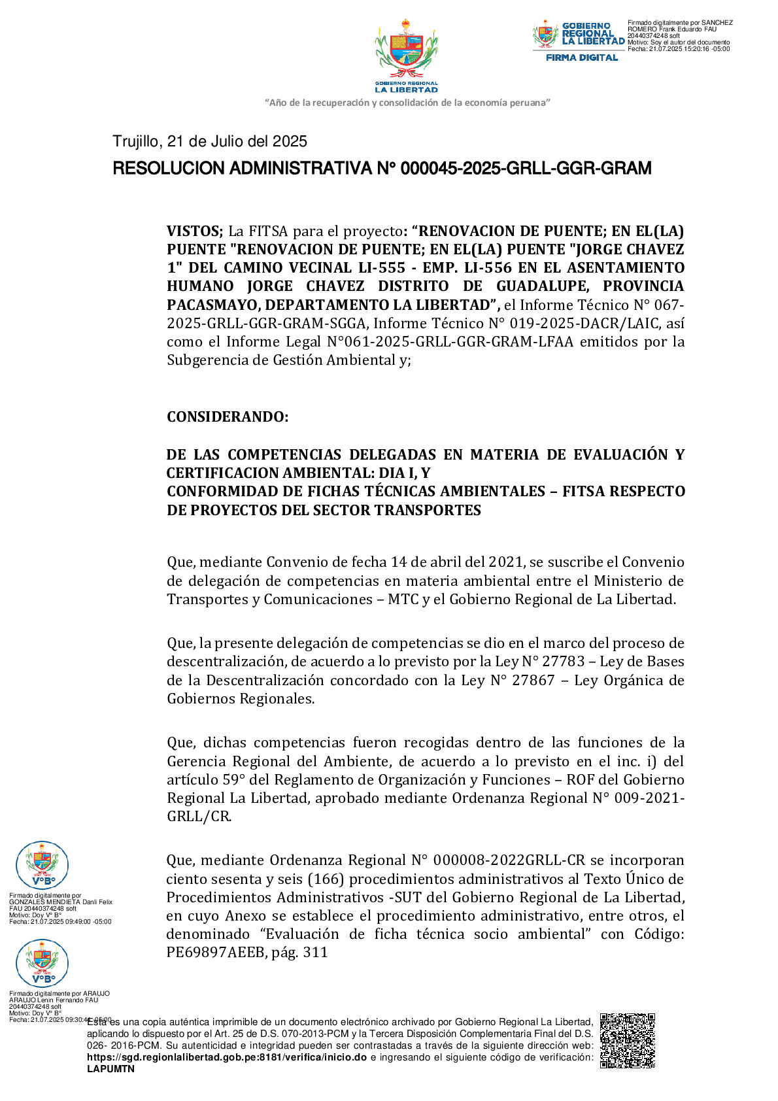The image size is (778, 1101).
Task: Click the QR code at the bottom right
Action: (627, 1040)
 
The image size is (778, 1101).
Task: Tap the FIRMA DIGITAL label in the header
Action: (581, 58)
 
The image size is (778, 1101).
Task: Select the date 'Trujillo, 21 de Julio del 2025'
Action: (210, 141)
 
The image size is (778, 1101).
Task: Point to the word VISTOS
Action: (194, 231)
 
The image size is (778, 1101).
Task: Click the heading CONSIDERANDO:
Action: (228, 416)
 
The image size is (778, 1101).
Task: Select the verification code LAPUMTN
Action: (110, 1069)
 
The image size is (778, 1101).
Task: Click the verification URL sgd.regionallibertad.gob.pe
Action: (226, 1057)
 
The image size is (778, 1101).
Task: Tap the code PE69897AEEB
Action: (215, 952)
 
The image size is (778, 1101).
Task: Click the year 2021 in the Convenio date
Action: (506, 562)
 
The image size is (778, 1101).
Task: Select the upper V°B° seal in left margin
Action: (42, 865)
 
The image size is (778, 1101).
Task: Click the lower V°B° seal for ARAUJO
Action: (42, 963)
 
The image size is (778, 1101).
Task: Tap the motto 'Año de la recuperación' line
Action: (407, 103)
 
